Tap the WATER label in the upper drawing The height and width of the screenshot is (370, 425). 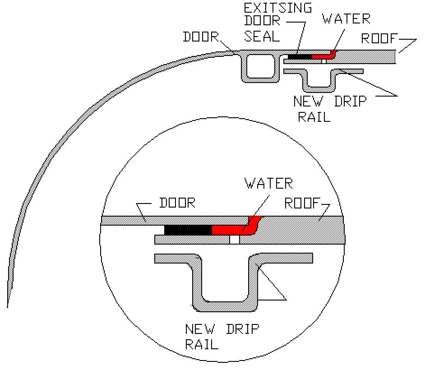pos(346,19)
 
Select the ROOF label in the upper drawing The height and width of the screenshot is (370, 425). pos(379,38)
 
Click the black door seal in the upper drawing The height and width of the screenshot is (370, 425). pos(299,57)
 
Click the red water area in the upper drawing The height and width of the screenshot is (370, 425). pos(322,56)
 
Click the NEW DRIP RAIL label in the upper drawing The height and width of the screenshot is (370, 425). pos(329,108)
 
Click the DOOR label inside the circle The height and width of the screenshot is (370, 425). pos(177,203)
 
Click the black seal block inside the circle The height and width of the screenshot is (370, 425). pos(188,230)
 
